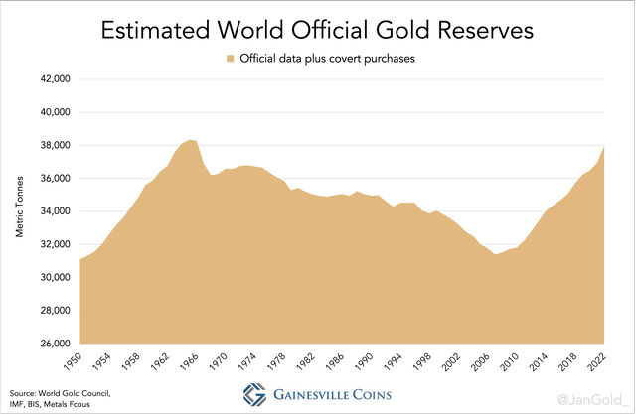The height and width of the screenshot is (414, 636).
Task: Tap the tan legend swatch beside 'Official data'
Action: [230, 59]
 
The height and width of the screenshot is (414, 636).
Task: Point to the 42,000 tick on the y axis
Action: [52, 78]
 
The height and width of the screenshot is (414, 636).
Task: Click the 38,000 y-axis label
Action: [52, 145]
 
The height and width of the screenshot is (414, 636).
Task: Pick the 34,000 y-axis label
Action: [52, 211]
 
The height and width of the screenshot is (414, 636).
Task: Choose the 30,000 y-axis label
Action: [52, 277]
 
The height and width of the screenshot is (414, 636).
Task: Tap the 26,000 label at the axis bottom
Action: [52, 344]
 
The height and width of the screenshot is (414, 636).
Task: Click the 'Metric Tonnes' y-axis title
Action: [20, 211]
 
